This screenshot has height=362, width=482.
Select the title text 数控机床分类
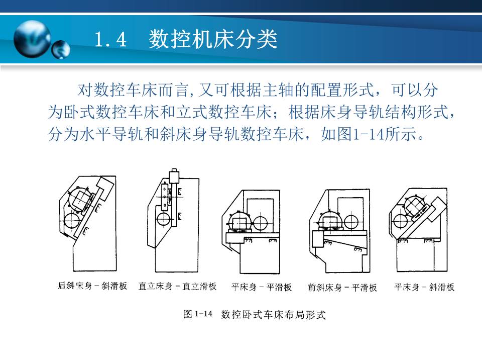(213, 40)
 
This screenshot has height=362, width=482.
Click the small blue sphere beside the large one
(61, 49)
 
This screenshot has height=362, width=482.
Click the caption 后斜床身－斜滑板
(92, 286)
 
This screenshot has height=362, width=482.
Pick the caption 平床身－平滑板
(261, 287)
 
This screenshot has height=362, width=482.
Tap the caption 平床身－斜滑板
(424, 287)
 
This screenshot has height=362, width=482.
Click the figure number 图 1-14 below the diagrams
(198, 315)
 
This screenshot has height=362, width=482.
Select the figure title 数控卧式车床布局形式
(273, 315)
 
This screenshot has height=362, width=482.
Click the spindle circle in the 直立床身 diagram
(164, 219)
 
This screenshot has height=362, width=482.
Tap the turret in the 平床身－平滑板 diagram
(239, 221)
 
